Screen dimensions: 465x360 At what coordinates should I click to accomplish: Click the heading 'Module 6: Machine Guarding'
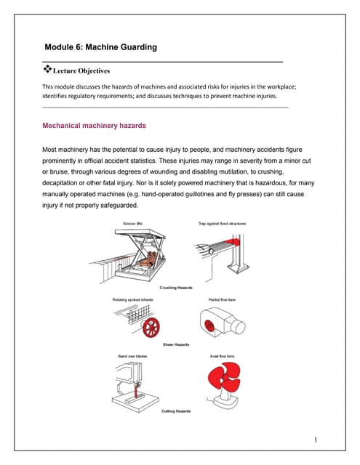coord(100,47)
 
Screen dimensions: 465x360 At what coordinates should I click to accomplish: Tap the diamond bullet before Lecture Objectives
coord(48,69)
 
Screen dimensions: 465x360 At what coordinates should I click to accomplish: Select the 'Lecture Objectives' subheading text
coord(82,71)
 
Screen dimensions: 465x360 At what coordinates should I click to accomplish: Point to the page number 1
coord(318,440)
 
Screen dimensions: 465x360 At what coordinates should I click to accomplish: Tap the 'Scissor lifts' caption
coord(133,224)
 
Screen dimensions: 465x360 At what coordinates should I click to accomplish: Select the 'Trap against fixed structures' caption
coord(222,224)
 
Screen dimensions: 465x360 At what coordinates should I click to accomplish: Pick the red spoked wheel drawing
coord(151,326)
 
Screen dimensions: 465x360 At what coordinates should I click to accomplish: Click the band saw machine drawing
coord(131,381)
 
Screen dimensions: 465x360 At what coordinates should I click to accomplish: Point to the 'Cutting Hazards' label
coord(176,411)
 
